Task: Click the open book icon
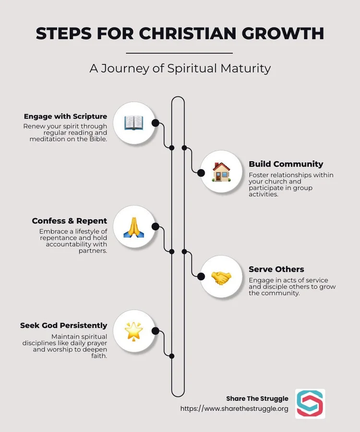(134, 123)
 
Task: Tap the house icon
(221, 172)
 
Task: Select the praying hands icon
(134, 227)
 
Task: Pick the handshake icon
(221, 277)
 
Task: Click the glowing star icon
(134, 331)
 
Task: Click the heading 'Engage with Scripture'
(65, 116)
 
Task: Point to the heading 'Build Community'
(286, 164)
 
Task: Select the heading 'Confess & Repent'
(69, 221)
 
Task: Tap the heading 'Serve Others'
(276, 269)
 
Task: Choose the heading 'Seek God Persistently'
(63, 325)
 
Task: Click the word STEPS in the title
(62, 34)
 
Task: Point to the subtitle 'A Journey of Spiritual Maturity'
(180, 68)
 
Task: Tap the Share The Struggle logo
(310, 404)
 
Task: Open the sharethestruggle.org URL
(234, 409)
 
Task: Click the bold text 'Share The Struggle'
(257, 398)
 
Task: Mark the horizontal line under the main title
(180, 53)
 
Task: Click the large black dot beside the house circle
(201, 173)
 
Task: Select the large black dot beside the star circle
(155, 331)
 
